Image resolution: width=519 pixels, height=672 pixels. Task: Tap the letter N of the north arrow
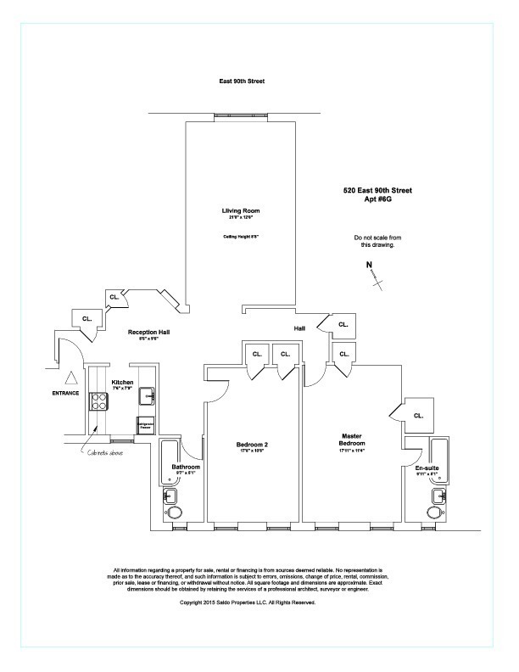369,265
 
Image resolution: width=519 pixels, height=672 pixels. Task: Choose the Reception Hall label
149,332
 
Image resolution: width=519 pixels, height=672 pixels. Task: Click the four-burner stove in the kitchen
100,400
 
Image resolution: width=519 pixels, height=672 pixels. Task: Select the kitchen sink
147,395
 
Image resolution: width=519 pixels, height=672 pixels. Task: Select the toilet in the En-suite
438,514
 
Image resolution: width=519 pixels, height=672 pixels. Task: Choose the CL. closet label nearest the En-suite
418,415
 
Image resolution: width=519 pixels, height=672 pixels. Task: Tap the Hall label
299,328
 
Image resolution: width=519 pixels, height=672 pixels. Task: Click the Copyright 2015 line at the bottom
248,602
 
